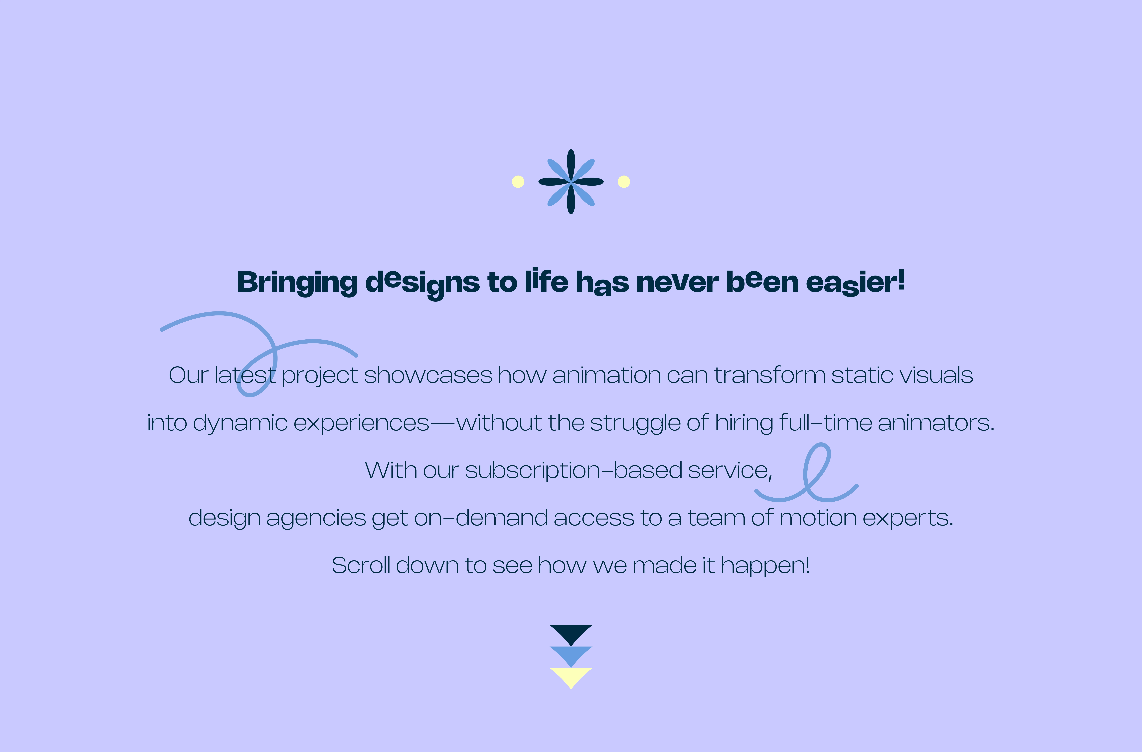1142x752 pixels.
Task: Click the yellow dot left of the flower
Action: pos(518,182)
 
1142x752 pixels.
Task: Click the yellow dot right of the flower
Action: pos(624,182)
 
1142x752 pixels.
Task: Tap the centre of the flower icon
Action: pos(571,182)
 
